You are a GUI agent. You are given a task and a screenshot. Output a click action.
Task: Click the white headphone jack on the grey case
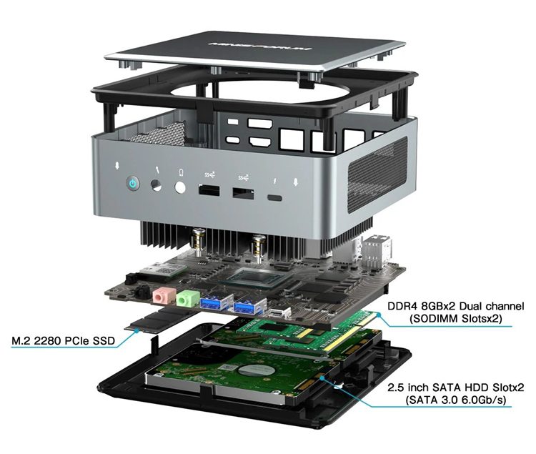[180, 188]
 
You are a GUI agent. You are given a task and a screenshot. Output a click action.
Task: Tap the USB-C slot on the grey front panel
[275, 198]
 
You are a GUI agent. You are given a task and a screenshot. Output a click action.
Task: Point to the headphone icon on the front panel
[181, 172]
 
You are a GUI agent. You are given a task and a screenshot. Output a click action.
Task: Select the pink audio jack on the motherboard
[161, 296]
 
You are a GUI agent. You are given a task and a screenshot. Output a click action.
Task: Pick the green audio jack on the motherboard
[184, 299]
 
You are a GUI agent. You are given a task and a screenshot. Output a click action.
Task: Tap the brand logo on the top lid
[261, 46]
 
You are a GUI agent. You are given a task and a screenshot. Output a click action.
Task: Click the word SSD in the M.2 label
[103, 340]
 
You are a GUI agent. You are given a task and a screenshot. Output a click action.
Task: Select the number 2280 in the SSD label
[46, 340]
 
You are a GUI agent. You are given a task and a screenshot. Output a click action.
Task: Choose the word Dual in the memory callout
[470, 305]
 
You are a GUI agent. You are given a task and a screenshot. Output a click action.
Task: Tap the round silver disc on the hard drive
[256, 371]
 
